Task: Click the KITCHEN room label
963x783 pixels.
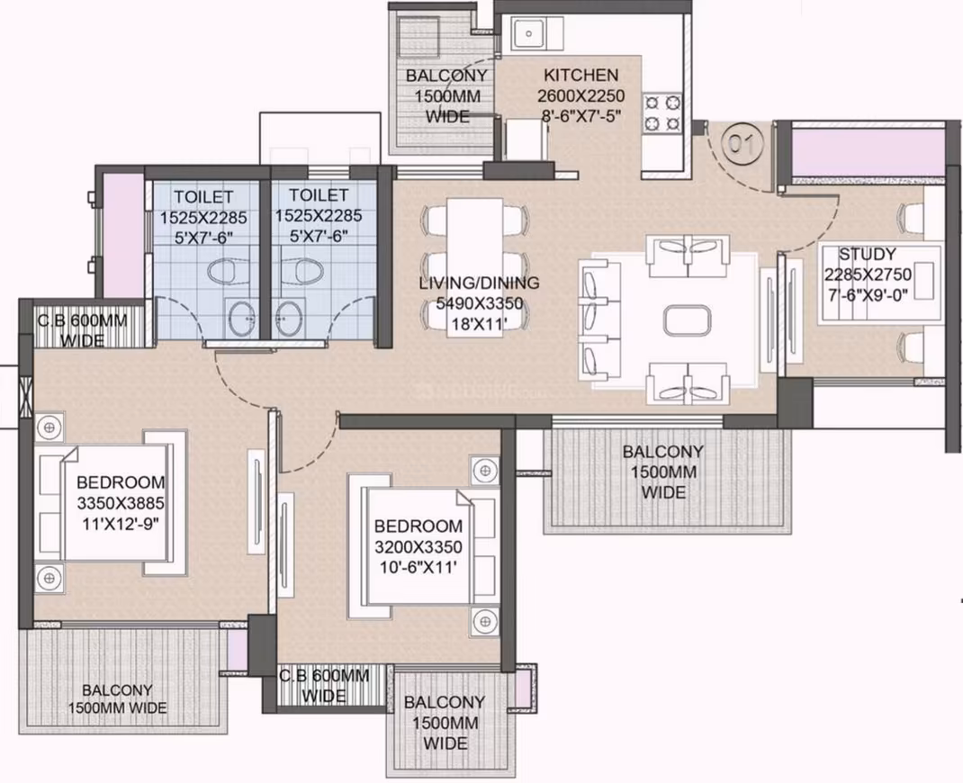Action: pyautogui.click(x=580, y=75)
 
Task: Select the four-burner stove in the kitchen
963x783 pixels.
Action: pyautogui.click(x=662, y=113)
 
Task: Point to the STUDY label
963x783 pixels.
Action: pyautogui.click(x=868, y=254)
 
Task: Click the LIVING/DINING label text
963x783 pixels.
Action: pyautogui.click(x=479, y=283)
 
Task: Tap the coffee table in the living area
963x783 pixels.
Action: pyautogui.click(x=688, y=320)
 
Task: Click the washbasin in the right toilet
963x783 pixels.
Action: pyautogui.click(x=290, y=318)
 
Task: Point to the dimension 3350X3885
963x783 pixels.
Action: pyautogui.click(x=121, y=504)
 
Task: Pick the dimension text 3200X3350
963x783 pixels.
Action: pyautogui.click(x=418, y=546)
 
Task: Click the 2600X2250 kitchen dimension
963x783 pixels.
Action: pyautogui.click(x=581, y=95)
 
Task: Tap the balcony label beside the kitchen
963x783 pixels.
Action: pyautogui.click(x=446, y=95)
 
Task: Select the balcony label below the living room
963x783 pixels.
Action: pyautogui.click(x=662, y=472)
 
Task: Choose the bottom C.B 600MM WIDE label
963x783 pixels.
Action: pyautogui.click(x=324, y=686)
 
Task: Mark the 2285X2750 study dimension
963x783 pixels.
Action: pyautogui.click(x=868, y=274)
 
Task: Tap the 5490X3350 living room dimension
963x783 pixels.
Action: pyautogui.click(x=479, y=303)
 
